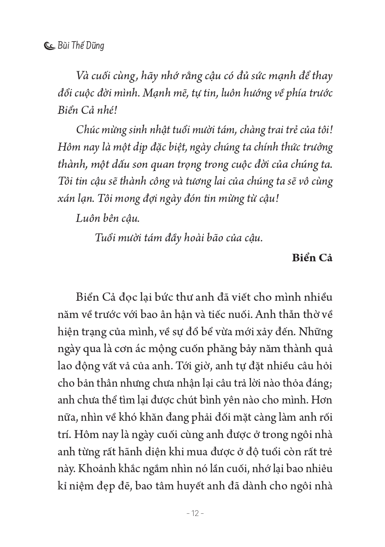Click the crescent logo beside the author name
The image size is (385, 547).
point(50,46)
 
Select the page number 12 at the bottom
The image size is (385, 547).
point(194,513)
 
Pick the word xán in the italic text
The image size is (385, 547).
point(66,198)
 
